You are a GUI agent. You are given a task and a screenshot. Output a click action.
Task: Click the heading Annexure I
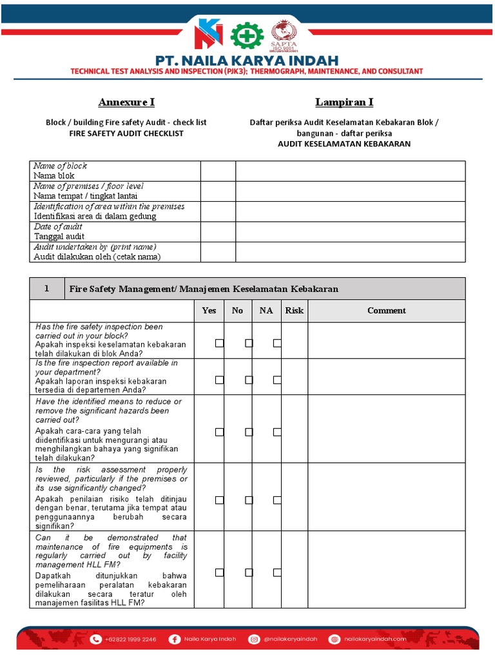(126, 102)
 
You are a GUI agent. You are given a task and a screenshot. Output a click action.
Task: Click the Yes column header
(209, 311)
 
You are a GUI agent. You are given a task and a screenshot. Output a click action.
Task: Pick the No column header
(237, 311)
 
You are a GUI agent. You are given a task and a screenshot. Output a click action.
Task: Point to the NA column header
(266, 311)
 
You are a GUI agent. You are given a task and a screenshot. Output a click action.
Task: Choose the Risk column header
(295, 311)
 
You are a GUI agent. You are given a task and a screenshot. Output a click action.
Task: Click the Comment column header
(386, 311)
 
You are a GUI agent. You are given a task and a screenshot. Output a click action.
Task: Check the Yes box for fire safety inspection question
(219, 344)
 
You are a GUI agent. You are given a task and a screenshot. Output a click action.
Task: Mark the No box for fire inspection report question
(248, 380)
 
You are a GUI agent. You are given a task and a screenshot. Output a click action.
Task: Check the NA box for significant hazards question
(277, 432)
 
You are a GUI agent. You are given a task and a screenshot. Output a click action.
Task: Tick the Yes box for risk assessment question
(219, 500)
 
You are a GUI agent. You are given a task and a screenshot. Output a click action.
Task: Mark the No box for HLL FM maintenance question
(248, 572)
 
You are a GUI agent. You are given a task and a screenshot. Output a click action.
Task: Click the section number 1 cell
(46, 289)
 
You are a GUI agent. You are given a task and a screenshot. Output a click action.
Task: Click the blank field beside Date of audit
(350, 232)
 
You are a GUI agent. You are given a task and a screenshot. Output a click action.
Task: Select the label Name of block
(60, 166)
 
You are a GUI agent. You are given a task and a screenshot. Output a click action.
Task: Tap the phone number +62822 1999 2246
(131, 639)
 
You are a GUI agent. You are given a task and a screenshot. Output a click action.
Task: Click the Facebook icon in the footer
(174, 639)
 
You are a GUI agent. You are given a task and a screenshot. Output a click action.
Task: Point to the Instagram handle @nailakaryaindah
(291, 639)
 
